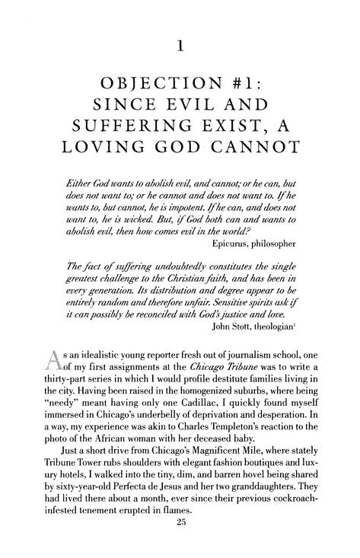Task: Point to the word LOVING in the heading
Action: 107,166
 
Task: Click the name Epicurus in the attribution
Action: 238,266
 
